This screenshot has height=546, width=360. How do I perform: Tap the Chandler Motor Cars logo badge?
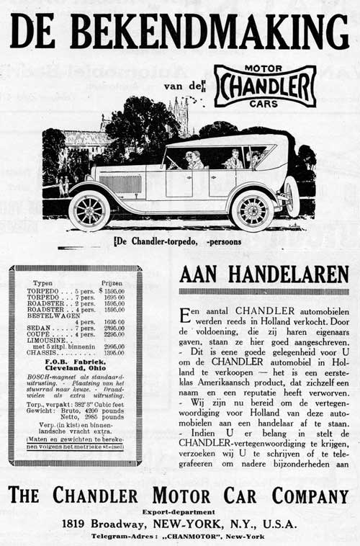coord(265,86)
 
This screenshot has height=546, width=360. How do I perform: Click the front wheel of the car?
coord(89,210)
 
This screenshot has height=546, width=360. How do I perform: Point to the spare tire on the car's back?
coord(292,196)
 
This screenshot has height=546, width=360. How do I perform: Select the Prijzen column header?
coord(111,283)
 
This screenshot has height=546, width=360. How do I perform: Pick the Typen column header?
coord(45,283)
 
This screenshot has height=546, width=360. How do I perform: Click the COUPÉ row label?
coord(42,334)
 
